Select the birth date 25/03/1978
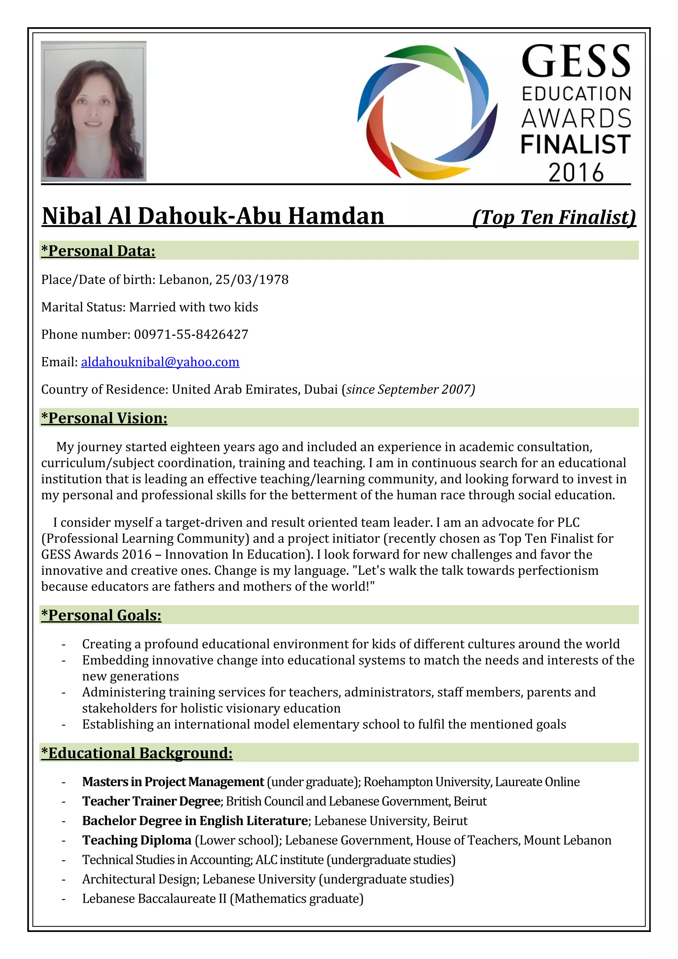[x=252, y=279]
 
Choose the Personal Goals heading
[x=101, y=615]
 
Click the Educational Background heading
[x=136, y=753]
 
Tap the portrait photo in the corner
[x=93, y=111]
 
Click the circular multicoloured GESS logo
[x=427, y=112]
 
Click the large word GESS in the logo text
[x=576, y=62]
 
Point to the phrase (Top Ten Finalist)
[x=554, y=217]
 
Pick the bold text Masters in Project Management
[x=173, y=782]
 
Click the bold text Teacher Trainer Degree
[x=152, y=801]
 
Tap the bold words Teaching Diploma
[x=136, y=840]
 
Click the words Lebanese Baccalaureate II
[x=154, y=898]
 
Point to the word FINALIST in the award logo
[x=576, y=144]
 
